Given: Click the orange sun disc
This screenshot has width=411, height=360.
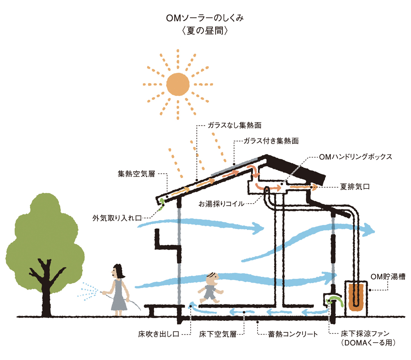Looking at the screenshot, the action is tap(178, 84).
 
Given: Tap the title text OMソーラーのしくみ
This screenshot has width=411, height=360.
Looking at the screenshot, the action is tap(205, 18).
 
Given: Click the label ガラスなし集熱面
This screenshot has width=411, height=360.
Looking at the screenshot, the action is tap(235, 125).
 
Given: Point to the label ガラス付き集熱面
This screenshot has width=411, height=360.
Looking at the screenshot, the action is tap(271, 141).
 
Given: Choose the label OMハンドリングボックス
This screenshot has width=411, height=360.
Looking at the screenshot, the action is tap(356, 157).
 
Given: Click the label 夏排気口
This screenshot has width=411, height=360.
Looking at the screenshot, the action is tap(355, 187).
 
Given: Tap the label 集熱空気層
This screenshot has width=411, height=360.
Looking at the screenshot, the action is tap(136, 174).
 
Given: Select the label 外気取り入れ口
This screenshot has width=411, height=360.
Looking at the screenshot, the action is tap(117, 218).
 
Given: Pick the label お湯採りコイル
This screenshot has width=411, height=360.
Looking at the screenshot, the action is tap(222, 204).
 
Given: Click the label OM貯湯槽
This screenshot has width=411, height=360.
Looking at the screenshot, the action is tap(388, 276).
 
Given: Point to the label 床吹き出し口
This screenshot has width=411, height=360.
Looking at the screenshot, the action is tap(159, 334).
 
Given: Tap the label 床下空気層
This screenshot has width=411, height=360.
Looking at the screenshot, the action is tap(218, 334).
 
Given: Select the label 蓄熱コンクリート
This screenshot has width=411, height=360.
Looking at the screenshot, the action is tap(293, 334).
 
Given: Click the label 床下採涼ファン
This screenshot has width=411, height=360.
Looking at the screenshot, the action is tap(365, 334).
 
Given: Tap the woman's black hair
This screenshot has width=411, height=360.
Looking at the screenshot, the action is tap(118, 271).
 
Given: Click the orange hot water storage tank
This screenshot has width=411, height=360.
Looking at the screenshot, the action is tap(356, 297).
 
